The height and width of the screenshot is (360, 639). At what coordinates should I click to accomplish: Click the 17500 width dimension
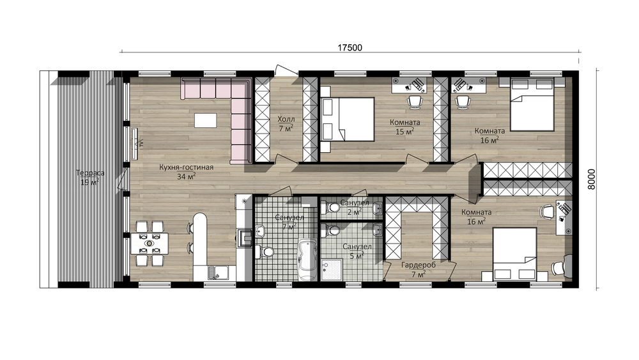350,48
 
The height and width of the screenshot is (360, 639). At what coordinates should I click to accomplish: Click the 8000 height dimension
592,179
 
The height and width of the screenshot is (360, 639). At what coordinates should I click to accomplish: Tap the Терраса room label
90,173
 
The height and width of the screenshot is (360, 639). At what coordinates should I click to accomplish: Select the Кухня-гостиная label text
186,167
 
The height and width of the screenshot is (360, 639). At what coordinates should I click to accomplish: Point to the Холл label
286,119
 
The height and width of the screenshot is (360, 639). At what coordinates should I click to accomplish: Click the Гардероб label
419,265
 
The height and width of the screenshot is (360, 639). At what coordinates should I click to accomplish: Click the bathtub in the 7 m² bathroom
307,260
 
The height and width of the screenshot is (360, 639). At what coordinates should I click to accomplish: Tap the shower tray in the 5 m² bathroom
331,269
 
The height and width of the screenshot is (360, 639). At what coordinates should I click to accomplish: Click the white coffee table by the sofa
206,120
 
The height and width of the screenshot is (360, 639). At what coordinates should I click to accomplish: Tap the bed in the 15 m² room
348,119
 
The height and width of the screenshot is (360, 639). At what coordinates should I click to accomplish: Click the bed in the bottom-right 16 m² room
514,254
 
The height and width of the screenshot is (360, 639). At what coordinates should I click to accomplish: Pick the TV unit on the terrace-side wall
134,143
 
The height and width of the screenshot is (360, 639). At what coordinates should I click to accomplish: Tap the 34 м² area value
186,176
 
